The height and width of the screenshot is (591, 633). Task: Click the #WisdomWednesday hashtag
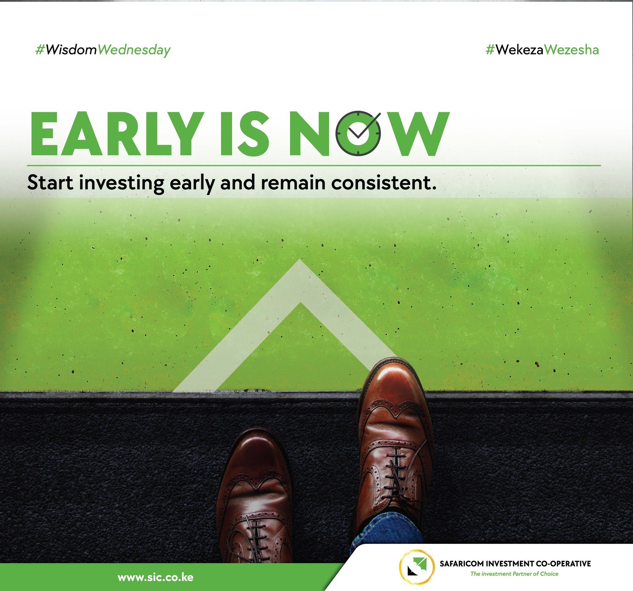tap(103, 50)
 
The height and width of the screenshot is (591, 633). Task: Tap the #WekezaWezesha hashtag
tap(542, 50)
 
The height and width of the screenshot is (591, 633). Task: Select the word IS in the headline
tap(244, 134)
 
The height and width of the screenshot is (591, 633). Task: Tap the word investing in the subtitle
tap(122, 184)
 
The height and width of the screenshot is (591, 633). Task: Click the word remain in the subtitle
tap(293, 183)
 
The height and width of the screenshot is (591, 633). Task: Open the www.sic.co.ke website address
tap(155, 577)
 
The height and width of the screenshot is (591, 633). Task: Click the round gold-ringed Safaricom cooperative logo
tap(417, 567)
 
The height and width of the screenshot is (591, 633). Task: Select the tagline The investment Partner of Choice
tap(514, 574)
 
